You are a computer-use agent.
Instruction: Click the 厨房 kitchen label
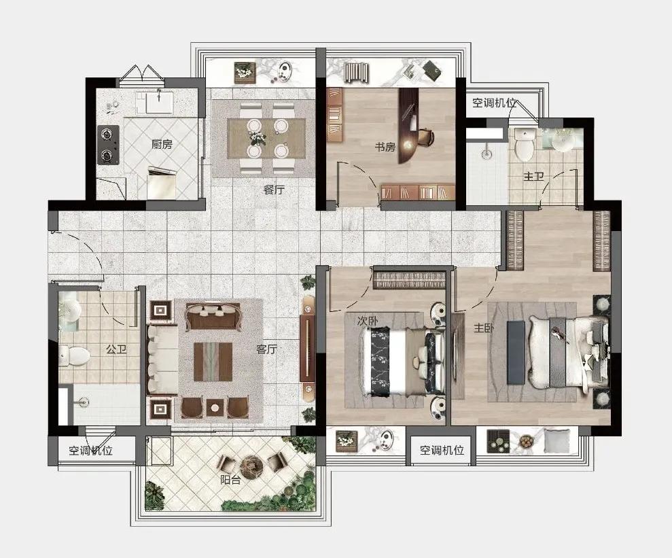(x=162, y=145)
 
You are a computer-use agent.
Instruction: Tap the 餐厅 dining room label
(x=274, y=190)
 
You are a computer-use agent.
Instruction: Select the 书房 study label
(x=385, y=147)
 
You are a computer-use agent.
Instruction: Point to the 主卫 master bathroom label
(x=533, y=176)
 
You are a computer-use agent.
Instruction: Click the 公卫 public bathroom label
(x=117, y=349)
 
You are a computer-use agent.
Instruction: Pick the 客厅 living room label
(x=266, y=349)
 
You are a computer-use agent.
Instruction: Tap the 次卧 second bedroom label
(x=368, y=321)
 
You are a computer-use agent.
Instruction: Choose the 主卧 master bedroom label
(x=484, y=328)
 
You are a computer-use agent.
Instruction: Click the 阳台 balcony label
(x=230, y=480)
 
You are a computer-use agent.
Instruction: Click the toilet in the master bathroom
(x=524, y=145)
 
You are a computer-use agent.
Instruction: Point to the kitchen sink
(x=159, y=102)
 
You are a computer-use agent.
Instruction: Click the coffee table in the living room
(x=213, y=362)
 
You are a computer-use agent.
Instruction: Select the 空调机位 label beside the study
(x=494, y=103)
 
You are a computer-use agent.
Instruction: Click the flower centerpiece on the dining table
(x=257, y=137)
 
